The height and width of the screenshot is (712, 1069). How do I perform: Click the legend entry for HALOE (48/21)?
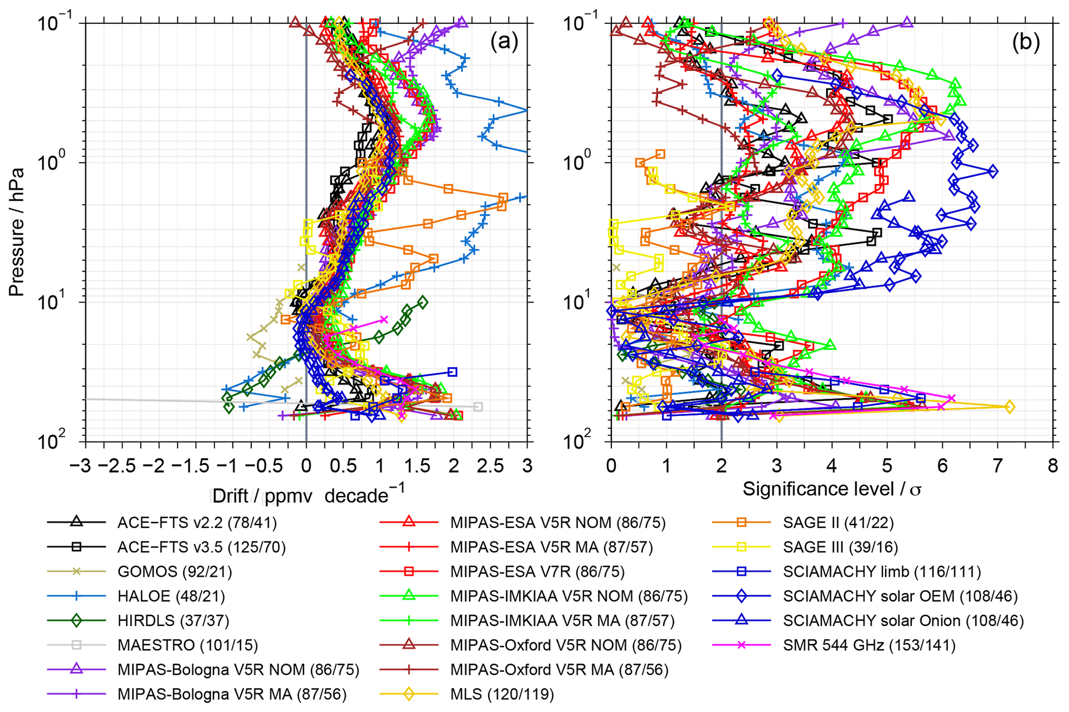(171, 596)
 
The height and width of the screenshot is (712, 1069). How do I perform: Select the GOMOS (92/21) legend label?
(174, 571)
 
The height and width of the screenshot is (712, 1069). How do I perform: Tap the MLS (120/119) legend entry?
(502, 694)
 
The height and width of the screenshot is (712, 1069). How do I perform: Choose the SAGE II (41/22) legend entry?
(838, 522)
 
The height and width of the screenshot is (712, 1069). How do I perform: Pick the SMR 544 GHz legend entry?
(869, 645)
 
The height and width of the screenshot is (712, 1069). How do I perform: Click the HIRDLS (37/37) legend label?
(173, 620)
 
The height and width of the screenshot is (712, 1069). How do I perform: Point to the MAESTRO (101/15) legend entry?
(187, 645)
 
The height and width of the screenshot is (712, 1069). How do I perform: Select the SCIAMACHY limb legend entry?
(882, 571)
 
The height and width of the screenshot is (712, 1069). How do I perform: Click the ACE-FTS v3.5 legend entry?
(201, 547)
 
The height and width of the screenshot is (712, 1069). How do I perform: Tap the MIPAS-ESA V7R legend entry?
(537, 571)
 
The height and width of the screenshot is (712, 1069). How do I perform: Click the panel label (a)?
(504, 42)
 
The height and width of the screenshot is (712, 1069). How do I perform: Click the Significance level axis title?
(832, 489)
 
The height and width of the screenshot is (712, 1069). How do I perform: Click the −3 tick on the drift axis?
(80, 466)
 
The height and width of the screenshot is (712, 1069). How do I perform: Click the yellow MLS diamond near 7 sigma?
(1008, 407)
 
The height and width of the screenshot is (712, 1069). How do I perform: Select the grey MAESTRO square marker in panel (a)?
(478, 407)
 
